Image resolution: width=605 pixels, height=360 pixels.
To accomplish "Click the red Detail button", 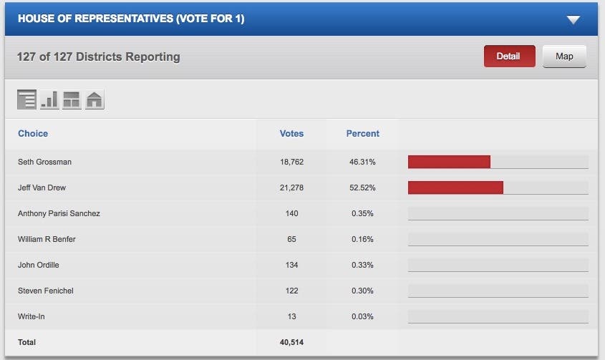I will [509, 57].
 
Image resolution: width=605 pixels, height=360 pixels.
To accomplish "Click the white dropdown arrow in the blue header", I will [573, 19].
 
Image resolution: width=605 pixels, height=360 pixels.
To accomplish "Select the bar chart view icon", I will [49, 99].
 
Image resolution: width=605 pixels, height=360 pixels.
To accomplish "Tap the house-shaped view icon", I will [95, 99].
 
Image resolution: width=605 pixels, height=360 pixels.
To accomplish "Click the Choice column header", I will [33, 134].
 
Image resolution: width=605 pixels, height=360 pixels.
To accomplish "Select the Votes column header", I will [291, 134].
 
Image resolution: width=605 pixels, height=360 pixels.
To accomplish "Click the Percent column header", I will [362, 134].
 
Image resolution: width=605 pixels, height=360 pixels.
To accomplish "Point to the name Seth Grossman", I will [44, 162].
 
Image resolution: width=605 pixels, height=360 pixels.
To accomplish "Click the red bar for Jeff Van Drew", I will [455, 188].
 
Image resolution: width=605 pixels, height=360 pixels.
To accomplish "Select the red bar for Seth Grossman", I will [449, 162].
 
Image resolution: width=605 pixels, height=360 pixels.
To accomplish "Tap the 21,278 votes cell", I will [291, 188].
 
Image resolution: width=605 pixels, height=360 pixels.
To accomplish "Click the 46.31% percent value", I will [362, 162].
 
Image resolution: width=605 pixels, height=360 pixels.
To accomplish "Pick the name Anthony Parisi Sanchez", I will [59, 214].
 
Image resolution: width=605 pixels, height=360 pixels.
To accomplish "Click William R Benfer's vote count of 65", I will [291, 240].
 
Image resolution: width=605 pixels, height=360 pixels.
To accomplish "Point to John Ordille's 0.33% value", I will [362, 266].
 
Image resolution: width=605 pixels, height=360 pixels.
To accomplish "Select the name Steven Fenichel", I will [46, 291].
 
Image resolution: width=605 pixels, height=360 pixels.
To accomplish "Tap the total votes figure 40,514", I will [291, 343].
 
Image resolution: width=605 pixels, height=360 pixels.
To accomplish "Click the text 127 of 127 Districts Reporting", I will [99, 57].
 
